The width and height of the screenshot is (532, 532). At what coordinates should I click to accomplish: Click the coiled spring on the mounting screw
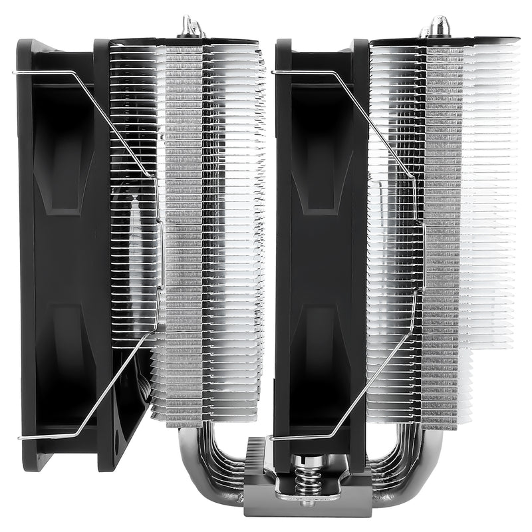[x=307, y=479]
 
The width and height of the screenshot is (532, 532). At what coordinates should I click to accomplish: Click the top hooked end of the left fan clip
[x=17, y=72]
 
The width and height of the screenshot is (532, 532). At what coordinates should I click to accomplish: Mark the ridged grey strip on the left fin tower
[x=184, y=233]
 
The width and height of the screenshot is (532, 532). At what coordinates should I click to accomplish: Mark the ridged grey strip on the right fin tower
[x=442, y=233]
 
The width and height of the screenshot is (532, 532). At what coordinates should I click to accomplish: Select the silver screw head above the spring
[x=307, y=460]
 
